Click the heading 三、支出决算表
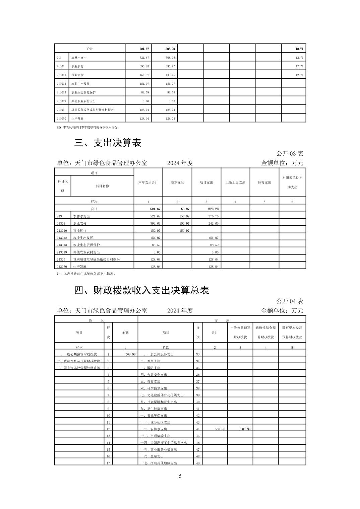coord(108,143)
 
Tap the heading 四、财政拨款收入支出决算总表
coord(141,290)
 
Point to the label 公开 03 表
coord(290,154)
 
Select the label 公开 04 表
coord(290,301)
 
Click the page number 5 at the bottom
coord(180,476)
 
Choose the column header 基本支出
coord(177,183)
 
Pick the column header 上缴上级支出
coord(235,183)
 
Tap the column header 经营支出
coord(264,183)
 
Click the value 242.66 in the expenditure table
coord(213,223)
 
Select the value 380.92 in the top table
coord(170,66)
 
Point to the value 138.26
coord(170,75)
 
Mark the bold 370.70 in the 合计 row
coord(213,209)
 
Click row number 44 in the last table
coord(198,429)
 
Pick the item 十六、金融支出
coord(152,456)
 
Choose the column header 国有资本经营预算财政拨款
coord(292,332)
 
